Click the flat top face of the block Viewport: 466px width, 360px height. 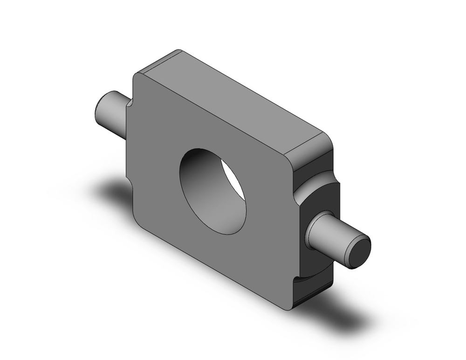[233, 103]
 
